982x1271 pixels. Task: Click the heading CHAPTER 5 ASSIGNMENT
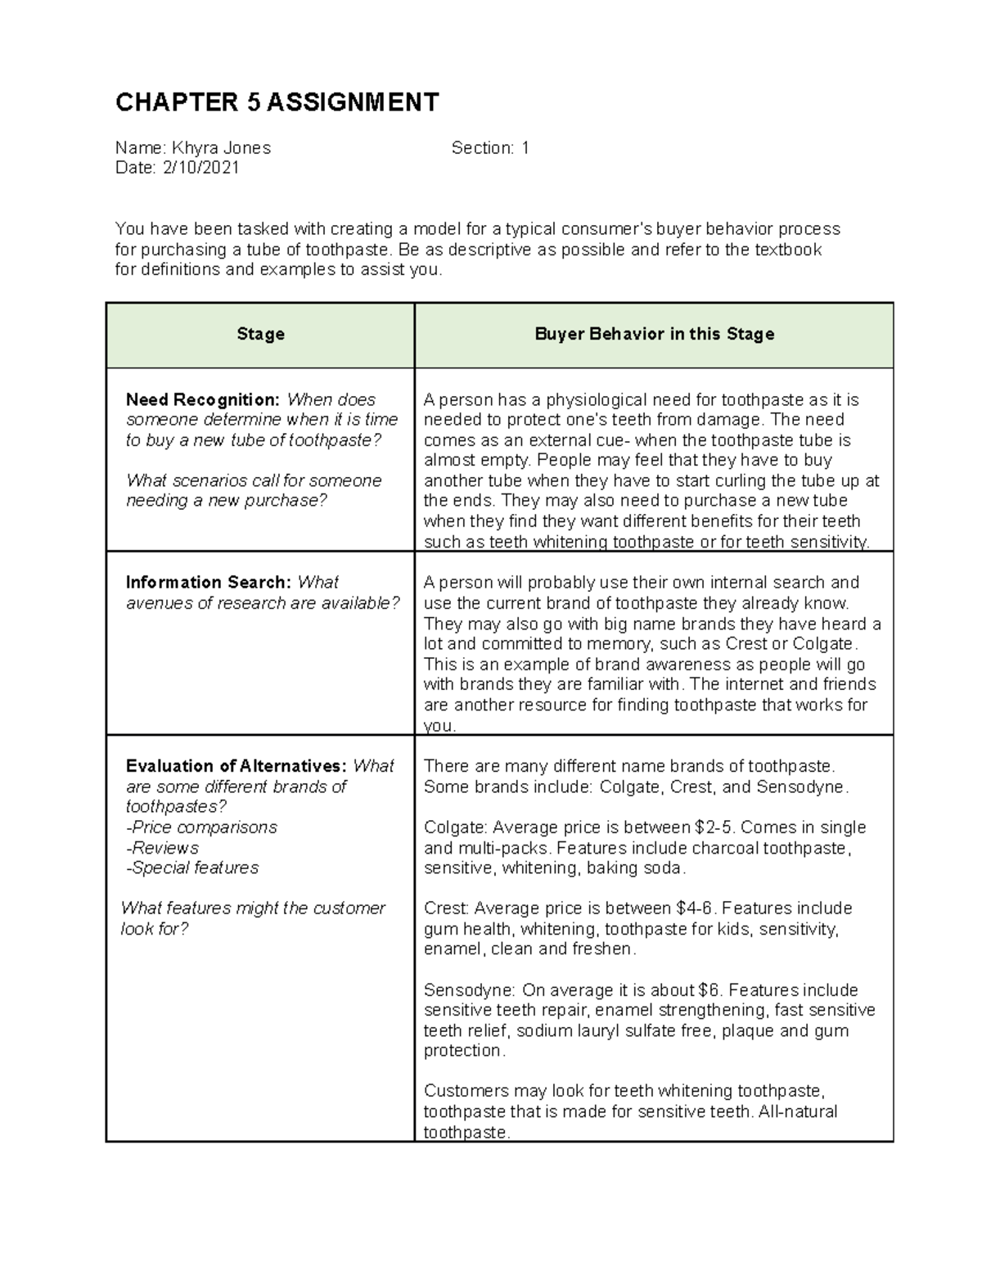click(x=277, y=102)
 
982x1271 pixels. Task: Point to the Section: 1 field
click(x=490, y=148)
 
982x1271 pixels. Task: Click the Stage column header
click(x=260, y=334)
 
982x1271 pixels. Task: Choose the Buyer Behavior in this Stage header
click(x=654, y=334)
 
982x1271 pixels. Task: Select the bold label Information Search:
click(x=208, y=583)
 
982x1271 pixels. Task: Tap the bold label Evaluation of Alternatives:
click(x=236, y=766)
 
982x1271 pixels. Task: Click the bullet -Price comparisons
click(x=201, y=827)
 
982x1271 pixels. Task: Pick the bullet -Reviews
click(x=162, y=848)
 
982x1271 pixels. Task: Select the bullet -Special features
click(x=192, y=868)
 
